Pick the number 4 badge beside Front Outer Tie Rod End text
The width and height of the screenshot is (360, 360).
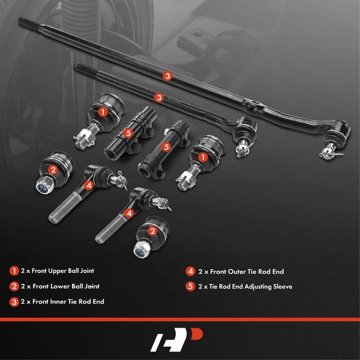tap(190, 271)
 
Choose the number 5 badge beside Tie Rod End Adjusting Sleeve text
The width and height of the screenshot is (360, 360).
tap(190, 286)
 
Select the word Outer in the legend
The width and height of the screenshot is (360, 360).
tap(232, 271)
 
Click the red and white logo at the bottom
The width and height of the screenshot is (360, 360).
tap(179, 340)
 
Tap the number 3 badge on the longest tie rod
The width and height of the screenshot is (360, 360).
tap(167, 76)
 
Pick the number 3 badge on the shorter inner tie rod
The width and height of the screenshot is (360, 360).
tap(158, 97)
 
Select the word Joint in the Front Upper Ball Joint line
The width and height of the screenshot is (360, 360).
tap(85, 271)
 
